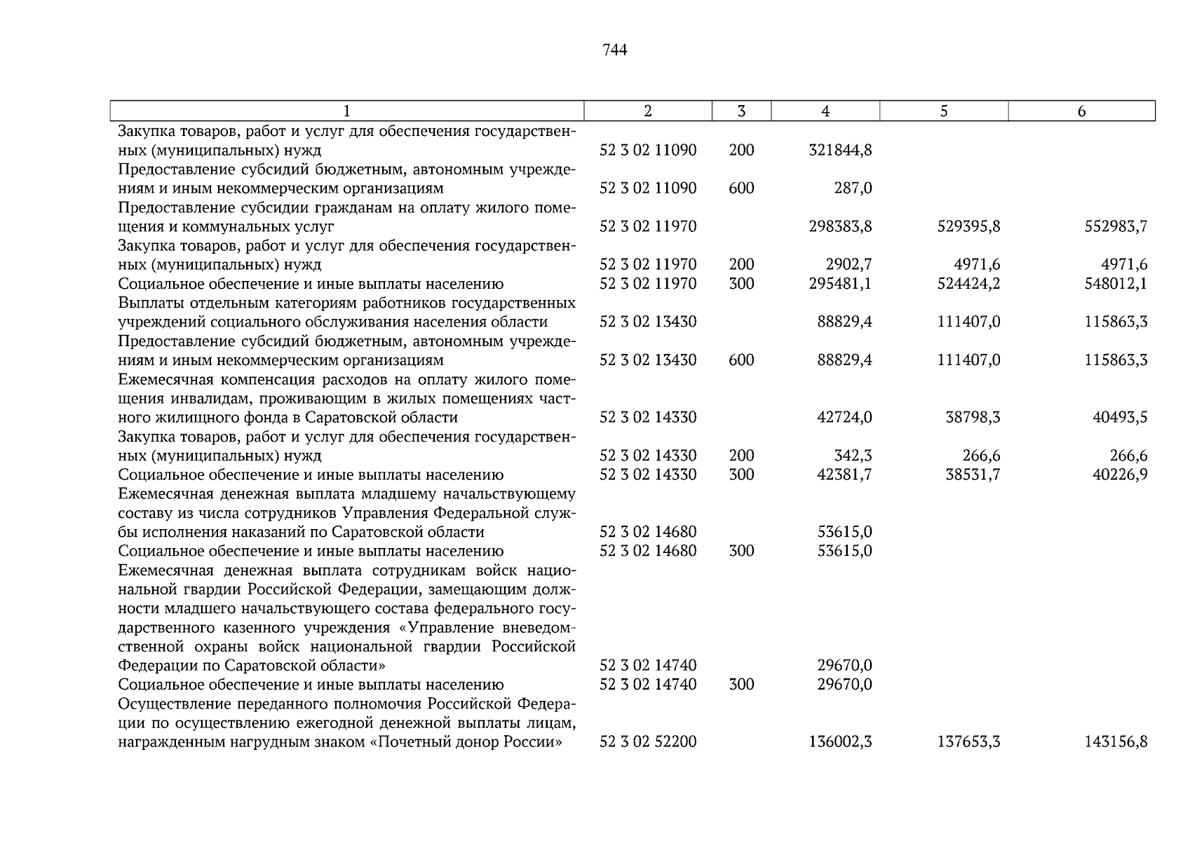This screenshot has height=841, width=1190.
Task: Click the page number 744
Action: pyautogui.click(x=614, y=50)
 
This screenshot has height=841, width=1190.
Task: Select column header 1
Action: pyautogui.click(x=347, y=111)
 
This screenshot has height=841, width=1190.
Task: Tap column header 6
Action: pyautogui.click(x=1081, y=111)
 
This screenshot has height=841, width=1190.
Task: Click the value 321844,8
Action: pyautogui.click(x=840, y=150)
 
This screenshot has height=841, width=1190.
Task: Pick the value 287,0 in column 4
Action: pyautogui.click(x=853, y=189)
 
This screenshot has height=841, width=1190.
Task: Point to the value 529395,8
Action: pyautogui.click(x=968, y=226)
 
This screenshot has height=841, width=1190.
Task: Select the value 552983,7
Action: pyautogui.click(x=1116, y=226)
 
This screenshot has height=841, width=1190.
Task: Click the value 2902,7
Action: pyautogui.click(x=849, y=265)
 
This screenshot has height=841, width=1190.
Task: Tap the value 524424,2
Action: pyautogui.click(x=968, y=284)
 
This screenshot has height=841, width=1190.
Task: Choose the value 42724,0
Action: pyautogui.click(x=844, y=418)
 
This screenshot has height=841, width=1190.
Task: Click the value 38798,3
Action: pyautogui.click(x=973, y=418)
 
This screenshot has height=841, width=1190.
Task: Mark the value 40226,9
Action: pyautogui.click(x=1120, y=475)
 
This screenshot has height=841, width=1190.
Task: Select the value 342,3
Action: pyautogui.click(x=853, y=456)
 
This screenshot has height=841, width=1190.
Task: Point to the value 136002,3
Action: pyautogui.click(x=840, y=742)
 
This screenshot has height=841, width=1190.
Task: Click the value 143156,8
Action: pyautogui.click(x=1116, y=742)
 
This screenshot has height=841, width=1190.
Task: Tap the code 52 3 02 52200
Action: pyautogui.click(x=648, y=742)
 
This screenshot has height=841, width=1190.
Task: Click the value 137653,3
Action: pyautogui.click(x=968, y=742)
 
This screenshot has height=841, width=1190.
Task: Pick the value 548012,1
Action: pyautogui.click(x=1116, y=284)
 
